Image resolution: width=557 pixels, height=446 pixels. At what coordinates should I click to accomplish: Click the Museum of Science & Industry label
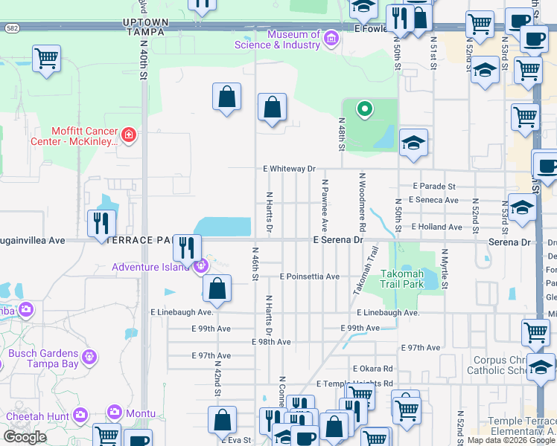[277, 39]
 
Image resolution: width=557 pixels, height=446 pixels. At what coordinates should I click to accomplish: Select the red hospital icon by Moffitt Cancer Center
[129, 135]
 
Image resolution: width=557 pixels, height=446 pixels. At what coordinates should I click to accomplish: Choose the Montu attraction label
[139, 413]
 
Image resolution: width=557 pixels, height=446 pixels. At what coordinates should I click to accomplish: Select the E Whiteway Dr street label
[289, 169]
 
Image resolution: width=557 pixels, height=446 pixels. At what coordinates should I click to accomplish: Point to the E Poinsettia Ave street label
[309, 277]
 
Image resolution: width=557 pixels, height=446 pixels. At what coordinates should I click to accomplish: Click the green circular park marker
[364, 110]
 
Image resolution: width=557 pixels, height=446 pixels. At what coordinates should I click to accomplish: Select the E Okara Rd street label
[372, 369]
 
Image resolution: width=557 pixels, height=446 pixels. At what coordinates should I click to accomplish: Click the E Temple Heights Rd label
[354, 384]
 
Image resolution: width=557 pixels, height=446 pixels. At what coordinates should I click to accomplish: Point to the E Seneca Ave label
[436, 200]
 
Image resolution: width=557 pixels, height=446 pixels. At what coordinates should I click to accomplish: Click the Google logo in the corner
[25, 437]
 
